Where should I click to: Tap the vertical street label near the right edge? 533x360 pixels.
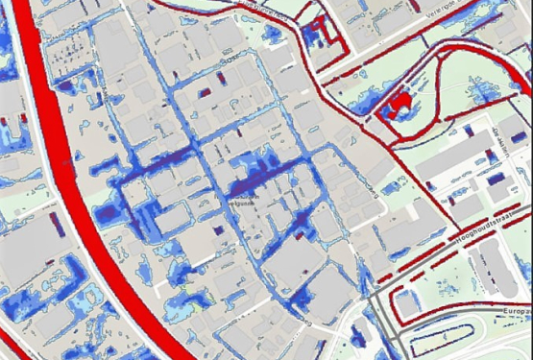click(x=502, y=143)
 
